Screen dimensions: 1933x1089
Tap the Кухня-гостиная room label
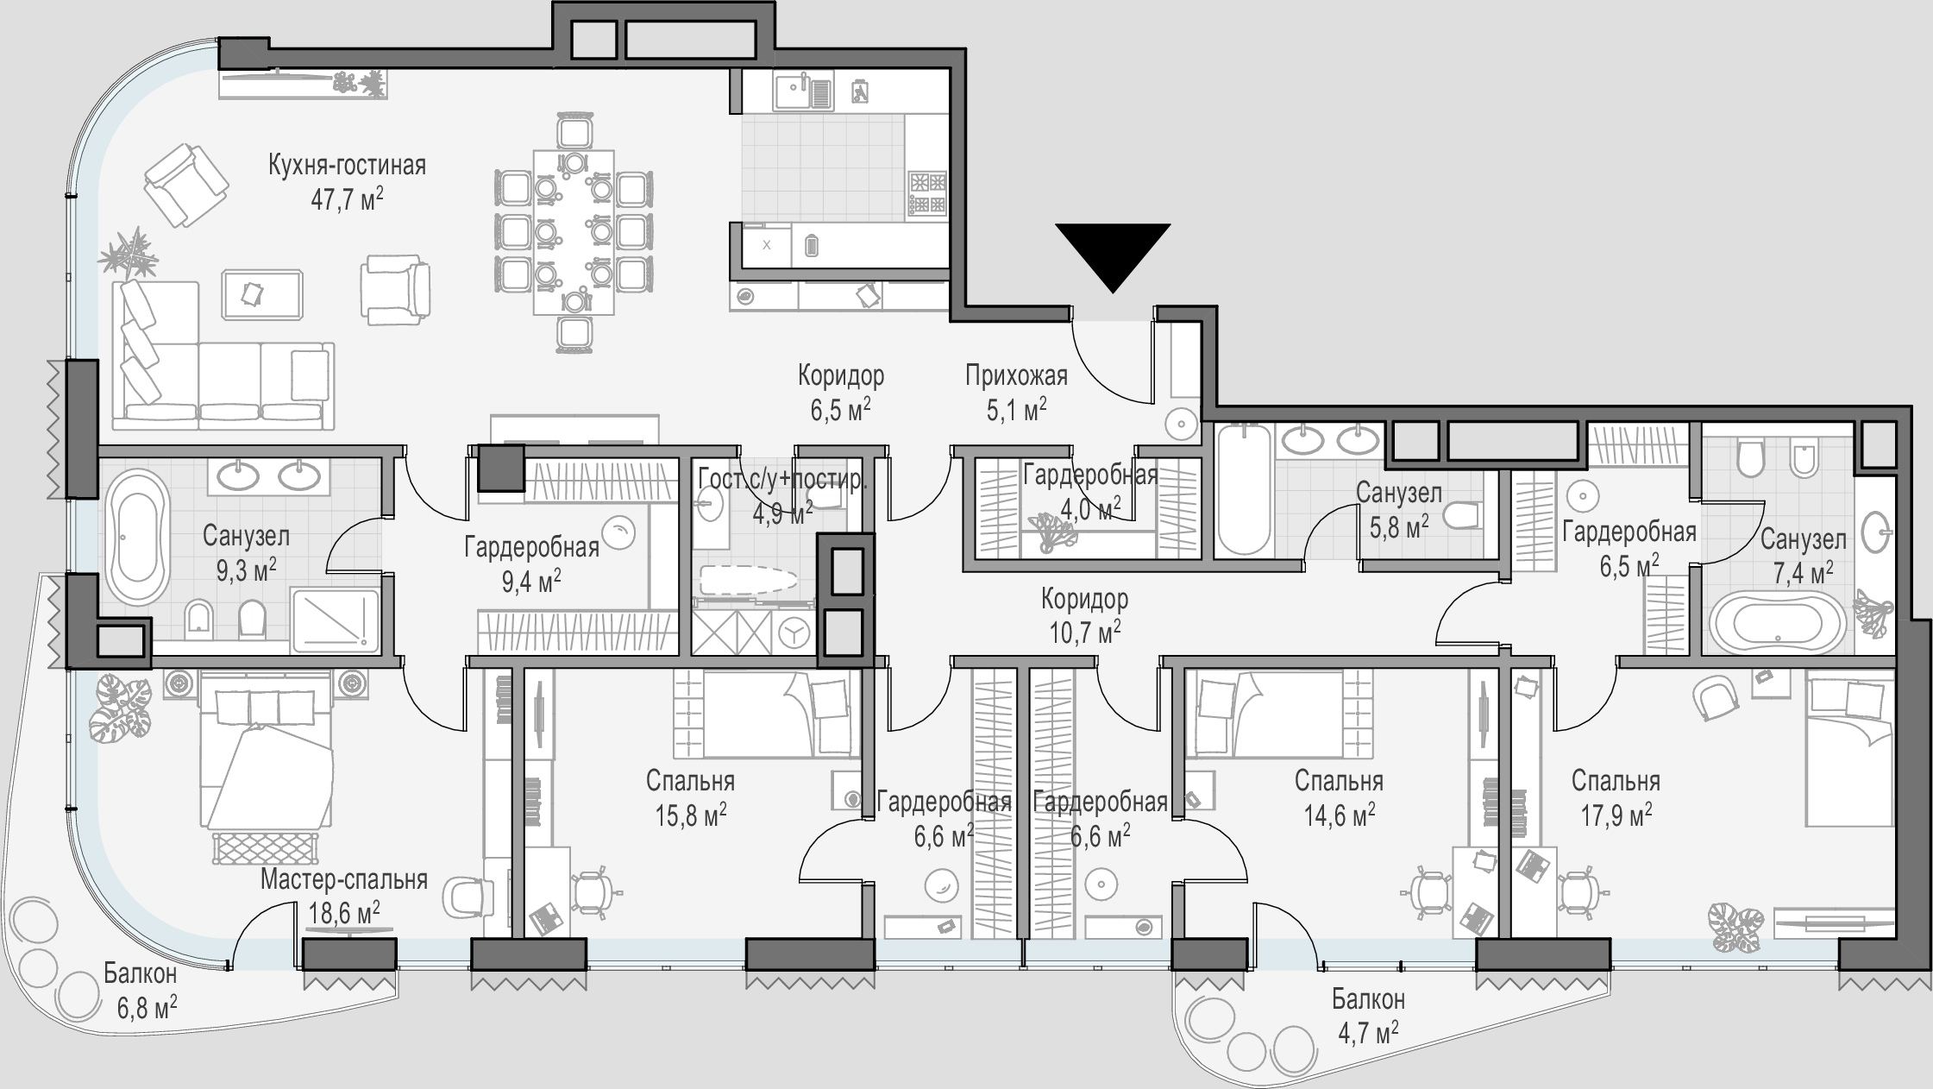[347, 165]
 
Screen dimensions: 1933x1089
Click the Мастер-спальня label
[344, 879]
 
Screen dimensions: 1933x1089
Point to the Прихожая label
[1016, 375]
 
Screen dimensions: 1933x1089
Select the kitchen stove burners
[927, 193]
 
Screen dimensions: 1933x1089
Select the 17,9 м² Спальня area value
[1616, 815]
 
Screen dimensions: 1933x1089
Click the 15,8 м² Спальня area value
[689, 815]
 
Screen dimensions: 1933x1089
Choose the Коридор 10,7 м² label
[1084, 615]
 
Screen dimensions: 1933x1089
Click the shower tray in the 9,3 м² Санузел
[336, 619]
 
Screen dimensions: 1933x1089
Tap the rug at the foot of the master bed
[265, 848]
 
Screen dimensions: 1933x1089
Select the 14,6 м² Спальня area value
[1339, 815]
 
